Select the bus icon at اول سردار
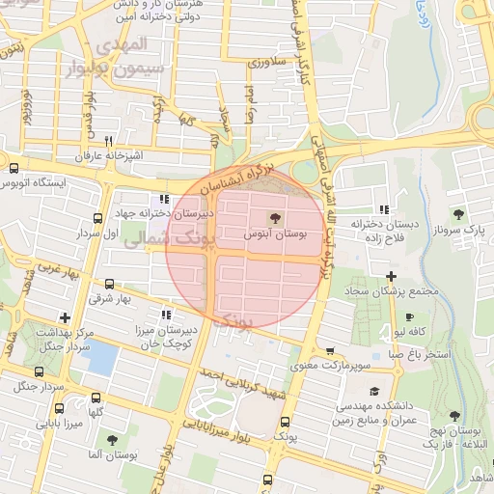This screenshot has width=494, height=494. tap(96, 219)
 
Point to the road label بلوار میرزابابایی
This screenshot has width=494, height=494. tap(221, 419)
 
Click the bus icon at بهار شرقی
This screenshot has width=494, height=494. tap(108, 285)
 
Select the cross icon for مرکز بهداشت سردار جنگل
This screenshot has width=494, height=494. tap(65, 316)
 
